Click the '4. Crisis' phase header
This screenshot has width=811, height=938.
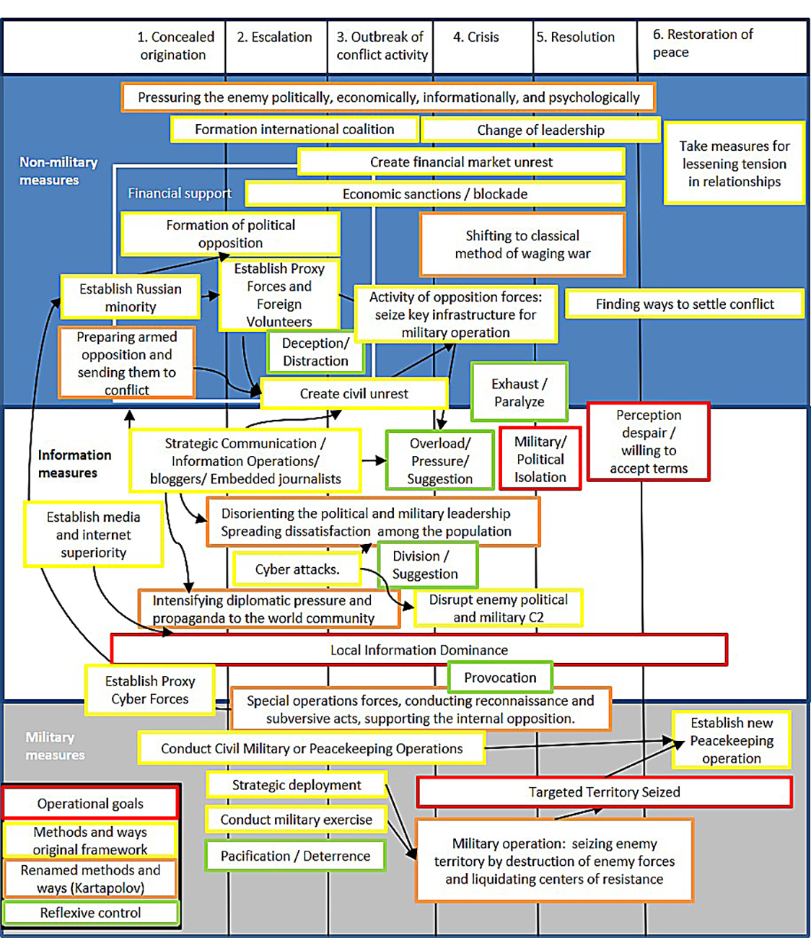(x=475, y=38)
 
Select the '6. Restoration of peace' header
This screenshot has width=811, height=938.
(x=702, y=43)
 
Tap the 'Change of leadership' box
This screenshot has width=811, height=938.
(x=540, y=130)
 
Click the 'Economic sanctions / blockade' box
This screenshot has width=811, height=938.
(x=434, y=194)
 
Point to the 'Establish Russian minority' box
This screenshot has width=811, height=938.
(x=130, y=297)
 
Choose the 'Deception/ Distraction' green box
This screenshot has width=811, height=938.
(x=315, y=352)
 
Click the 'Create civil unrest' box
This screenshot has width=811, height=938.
(x=354, y=394)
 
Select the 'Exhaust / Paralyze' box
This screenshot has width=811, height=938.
(x=519, y=393)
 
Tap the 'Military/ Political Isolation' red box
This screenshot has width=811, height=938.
(x=540, y=459)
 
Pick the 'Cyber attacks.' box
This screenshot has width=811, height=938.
(x=297, y=569)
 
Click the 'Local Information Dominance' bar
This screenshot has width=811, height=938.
(x=418, y=649)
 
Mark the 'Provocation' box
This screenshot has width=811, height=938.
(x=500, y=678)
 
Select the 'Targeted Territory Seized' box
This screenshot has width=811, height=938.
(x=604, y=792)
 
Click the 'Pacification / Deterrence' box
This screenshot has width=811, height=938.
(x=295, y=856)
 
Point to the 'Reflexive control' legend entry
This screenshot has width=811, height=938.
(x=90, y=913)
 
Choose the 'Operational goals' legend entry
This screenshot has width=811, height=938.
(x=90, y=803)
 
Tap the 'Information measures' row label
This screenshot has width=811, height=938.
(x=74, y=464)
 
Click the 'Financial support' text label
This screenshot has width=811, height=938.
(x=180, y=193)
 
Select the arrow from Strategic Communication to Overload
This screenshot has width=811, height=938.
(x=373, y=460)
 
